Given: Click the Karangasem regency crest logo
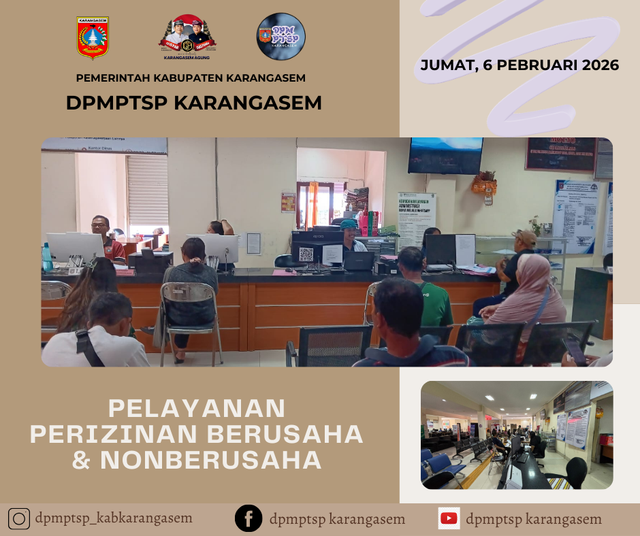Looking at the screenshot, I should point(93,38).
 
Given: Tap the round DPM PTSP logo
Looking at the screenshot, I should point(281,37).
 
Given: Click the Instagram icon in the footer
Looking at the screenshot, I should point(19,519).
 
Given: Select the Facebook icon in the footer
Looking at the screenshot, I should point(249,519).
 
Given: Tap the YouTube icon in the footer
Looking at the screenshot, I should point(449,518).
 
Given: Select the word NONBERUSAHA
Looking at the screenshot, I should point(211,460).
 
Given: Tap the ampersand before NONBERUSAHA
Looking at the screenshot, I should point(82,460).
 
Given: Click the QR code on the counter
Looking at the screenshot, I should point(306,254).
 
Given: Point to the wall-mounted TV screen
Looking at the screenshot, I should point(445,154).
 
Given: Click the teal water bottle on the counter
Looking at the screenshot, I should point(47,258).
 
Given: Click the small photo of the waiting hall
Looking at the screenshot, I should point(517,435).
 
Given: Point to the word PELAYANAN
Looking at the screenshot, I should point(197,408).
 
